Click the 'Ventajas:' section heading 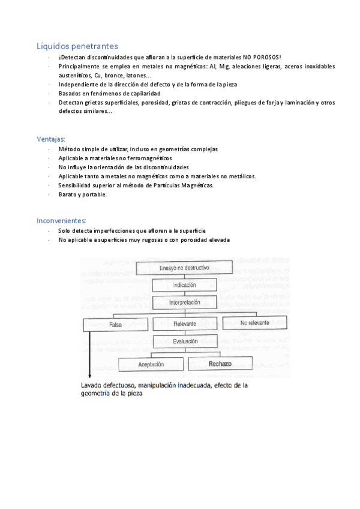(52, 139)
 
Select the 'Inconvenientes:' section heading (62, 220)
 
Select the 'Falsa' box (116, 324)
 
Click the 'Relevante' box (184, 324)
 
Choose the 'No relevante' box (255, 323)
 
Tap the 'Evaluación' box (184, 341)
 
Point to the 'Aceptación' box (151, 364)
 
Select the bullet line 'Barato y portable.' (83, 194)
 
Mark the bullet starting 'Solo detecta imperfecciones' (132, 230)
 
